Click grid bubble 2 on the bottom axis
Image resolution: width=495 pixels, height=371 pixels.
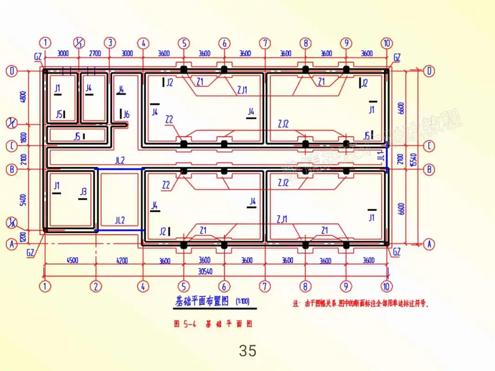pos(96,286)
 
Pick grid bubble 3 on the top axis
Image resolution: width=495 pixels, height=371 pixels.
pos(109,43)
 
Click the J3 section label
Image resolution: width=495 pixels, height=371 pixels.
pos(83,192)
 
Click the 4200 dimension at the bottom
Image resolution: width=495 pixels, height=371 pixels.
pos(122,261)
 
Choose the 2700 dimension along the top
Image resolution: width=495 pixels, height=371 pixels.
pos(95,53)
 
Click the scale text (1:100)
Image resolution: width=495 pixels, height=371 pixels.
pos(243,301)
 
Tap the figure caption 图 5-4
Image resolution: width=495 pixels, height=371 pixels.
pos(185,324)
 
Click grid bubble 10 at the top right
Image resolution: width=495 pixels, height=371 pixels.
pos(387,43)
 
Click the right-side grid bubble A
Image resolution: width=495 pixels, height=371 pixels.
pos(430,244)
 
